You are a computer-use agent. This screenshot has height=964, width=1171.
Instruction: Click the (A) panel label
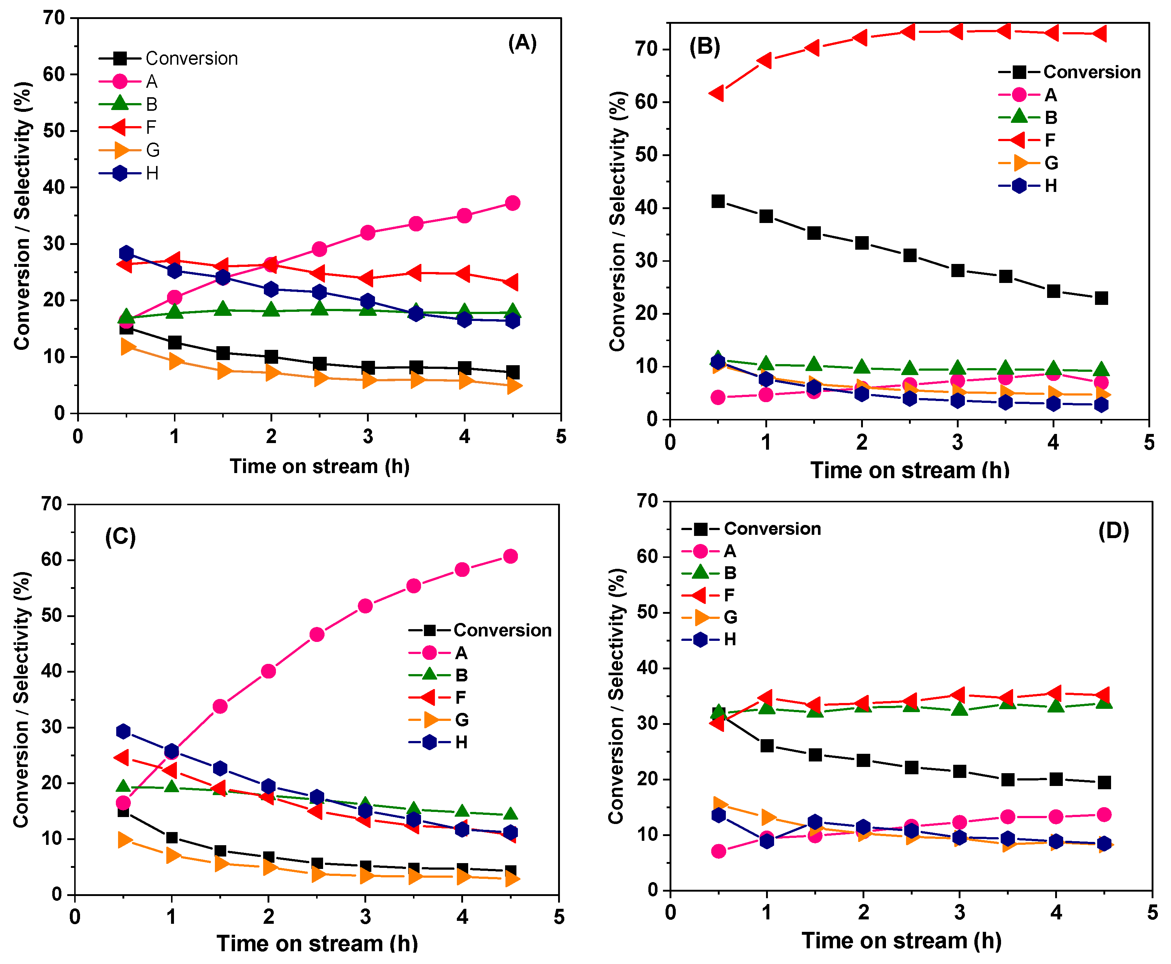522,43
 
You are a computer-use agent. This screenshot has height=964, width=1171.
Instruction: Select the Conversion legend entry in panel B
1069,72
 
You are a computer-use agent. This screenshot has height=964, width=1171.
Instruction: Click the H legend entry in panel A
129,173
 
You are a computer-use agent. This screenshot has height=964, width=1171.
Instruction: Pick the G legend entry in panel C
438,720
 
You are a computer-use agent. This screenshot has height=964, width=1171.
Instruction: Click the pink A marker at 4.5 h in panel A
512,203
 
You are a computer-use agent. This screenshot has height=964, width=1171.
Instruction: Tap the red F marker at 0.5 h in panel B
717,93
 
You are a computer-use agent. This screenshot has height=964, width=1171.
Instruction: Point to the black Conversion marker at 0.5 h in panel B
718,201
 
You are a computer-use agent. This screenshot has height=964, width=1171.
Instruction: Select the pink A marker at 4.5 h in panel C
510,556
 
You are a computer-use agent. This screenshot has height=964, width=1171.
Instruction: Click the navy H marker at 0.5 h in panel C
123,731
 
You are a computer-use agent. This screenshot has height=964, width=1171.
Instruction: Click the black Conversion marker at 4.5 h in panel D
1104,782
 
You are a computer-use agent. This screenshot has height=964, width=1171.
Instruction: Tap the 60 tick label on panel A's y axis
54,74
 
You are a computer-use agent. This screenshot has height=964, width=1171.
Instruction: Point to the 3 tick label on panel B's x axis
957,443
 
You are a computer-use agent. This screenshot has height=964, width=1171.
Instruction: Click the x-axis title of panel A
319,466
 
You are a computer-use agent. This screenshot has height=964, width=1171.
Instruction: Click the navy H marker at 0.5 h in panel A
126,253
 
